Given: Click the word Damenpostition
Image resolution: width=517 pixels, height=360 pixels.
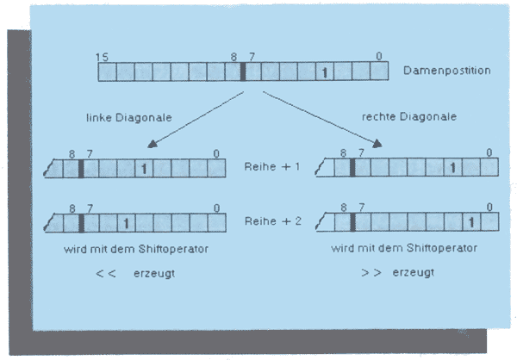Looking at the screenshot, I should point(447,70).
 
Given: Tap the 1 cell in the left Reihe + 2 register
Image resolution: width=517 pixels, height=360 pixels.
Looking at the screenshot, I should point(126,223).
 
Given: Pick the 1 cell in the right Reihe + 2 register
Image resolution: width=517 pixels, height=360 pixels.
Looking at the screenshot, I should point(470,223).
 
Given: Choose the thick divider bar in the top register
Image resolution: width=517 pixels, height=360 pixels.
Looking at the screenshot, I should point(243,71).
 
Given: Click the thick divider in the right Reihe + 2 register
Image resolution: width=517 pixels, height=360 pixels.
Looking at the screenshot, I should point(352,223).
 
